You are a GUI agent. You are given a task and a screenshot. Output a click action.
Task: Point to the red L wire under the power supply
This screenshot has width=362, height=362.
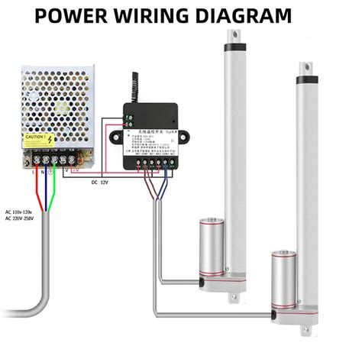[x=36, y=183]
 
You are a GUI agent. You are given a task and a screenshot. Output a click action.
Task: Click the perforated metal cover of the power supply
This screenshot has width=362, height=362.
[x=53, y=103]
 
